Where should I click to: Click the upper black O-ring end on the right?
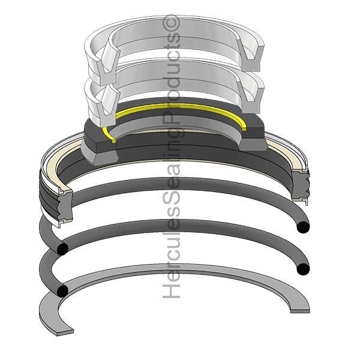click(x=304, y=227)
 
